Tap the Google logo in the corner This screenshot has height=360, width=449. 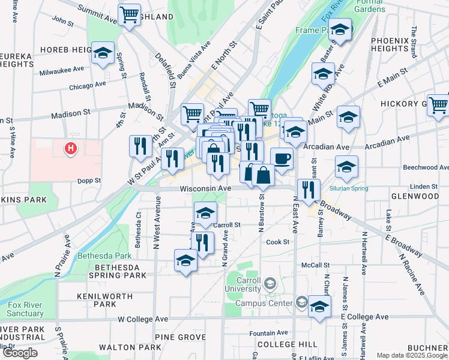pyautogui.click(x=20, y=353)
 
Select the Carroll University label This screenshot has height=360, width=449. pyautogui.click(x=243, y=284)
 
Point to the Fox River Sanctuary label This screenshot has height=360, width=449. pyautogui.click(x=25, y=309)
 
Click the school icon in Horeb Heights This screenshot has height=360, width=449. pyautogui.click(x=103, y=53)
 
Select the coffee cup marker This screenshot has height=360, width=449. pyautogui.click(x=281, y=158)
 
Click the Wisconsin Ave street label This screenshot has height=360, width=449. pyautogui.click(x=205, y=188)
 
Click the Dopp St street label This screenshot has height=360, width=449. pyautogui.click(x=89, y=180)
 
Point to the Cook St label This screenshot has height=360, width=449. pyautogui.click(x=278, y=242)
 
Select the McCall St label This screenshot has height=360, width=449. pyautogui.click(x=316, y=265)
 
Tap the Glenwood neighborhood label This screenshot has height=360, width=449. pyautogui.click(x=415, y=196)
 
